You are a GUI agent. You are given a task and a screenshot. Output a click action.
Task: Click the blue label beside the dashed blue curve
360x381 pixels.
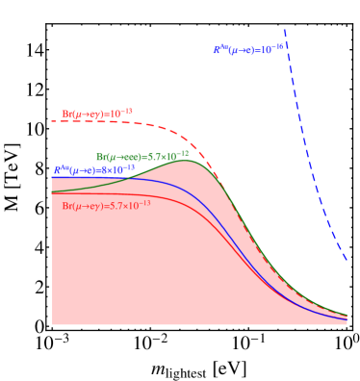click(x=248, y=48)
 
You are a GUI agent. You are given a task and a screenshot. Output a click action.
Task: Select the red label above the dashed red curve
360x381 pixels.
click(x=97, y=114)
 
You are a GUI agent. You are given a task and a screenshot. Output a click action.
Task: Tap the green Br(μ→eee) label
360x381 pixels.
click(x=142, y=156)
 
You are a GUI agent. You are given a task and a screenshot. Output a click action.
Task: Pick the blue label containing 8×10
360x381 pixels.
click(x=101, y=169)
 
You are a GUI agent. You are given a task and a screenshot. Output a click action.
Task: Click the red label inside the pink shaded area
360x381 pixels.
click(x=106, y=206)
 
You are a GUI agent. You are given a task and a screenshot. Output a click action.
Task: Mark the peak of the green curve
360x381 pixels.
click(x=186, y=161)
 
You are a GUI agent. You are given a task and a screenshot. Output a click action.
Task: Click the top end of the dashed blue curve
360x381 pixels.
click(x=284, y=28)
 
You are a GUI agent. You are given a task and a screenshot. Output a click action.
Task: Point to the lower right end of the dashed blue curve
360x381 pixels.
click(x=347, y=261)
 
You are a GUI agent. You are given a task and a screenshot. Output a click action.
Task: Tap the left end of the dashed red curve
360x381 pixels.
click(x=53, y=121)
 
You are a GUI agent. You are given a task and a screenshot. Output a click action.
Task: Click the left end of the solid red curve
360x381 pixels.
click(x=53, y=193)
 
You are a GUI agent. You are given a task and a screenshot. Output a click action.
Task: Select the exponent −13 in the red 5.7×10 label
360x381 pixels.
click(x=144, y=203)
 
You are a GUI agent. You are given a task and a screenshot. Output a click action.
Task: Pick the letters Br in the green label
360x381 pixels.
click(x=101, y=157)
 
